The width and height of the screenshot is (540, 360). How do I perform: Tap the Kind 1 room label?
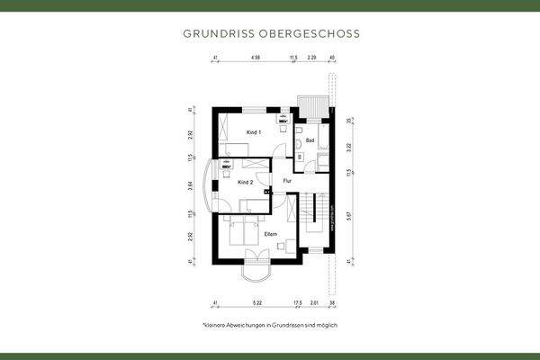[254, 132]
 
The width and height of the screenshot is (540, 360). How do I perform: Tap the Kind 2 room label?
[245, 182]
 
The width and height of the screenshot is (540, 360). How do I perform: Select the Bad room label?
[310, 140]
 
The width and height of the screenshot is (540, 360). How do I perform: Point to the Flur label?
[287, 181]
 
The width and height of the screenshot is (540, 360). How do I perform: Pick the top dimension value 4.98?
[256, 58]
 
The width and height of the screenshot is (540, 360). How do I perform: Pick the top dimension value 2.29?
[311, 58]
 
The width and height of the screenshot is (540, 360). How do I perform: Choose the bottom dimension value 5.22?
[257, 304]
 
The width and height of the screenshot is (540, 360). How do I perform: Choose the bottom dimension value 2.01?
[313, 304]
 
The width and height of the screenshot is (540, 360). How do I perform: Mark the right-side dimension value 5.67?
[349, 215]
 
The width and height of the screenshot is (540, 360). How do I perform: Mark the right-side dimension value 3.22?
[349, 144]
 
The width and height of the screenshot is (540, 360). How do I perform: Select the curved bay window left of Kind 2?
[212, 186]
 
